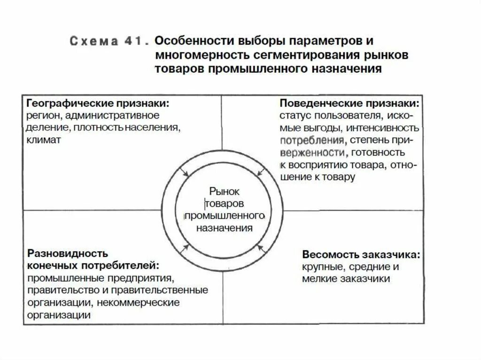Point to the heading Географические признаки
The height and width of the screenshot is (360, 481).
98,102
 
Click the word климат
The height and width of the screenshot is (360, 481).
44,140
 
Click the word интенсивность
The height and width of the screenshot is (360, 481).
388,128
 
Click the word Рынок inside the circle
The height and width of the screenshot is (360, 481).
224,191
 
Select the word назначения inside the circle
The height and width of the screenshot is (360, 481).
224,228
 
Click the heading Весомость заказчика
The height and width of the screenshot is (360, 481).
361,255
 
